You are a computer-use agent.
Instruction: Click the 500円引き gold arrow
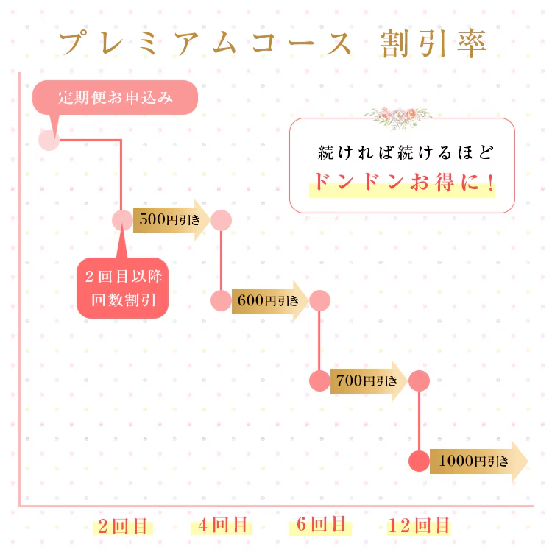point(171,220)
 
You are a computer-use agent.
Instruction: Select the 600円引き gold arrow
point(270,300)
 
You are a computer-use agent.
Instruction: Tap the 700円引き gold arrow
point(369,381)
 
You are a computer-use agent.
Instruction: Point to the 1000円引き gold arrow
point(478,461)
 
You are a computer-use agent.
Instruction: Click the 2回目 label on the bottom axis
point(122,526)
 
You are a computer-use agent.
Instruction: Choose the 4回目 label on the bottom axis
point(222,526)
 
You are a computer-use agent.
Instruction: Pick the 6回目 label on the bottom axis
point(320,524)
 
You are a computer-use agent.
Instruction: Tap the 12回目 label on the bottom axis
point(419,526)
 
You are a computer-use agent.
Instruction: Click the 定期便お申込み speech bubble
point(115,97)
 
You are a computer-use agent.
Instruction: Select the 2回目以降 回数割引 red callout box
point(122,288)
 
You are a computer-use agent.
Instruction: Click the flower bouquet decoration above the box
point(398,117)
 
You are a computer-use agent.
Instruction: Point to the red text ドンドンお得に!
point(404,182)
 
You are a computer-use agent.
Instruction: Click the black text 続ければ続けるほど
point(406,153)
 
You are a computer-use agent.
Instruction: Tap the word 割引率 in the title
point(433,43)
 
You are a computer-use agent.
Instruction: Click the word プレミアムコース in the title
point(206,43)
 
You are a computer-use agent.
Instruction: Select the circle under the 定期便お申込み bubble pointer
point(49,140)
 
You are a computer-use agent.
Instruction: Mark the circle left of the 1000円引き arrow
point(419,461)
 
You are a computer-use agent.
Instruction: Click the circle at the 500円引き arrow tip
point(221,220)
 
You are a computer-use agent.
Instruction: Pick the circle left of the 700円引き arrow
point(319,381)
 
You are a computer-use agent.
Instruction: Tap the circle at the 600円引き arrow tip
point(319,300)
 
